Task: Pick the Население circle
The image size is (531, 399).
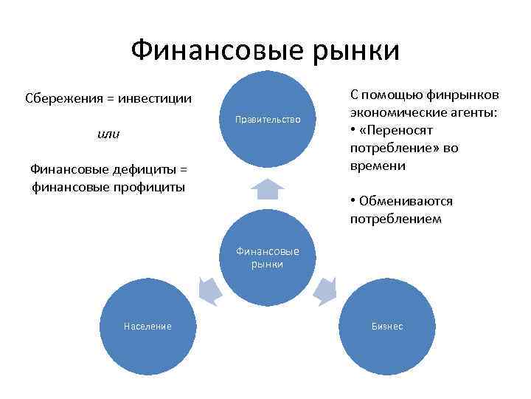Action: click(x=147, y=326)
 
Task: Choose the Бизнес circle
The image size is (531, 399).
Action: click(x=387, y=326)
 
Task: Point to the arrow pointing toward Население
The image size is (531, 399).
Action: click(x=211, y=290)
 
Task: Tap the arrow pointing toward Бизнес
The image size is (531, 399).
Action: click(x=324, y=290)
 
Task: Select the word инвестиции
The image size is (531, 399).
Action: click(x=153, y=98)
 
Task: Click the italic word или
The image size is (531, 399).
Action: click(x=108, y=134)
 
